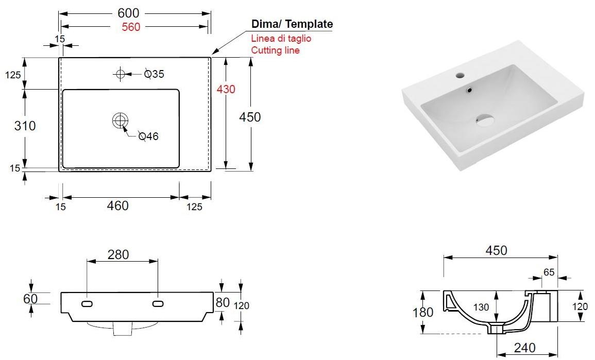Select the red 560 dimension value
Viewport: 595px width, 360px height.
tap(131, 27)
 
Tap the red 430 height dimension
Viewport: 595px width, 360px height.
tap(226, 89)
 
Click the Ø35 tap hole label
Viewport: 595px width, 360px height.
tap(155, 74)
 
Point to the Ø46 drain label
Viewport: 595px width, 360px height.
tap(148, 136)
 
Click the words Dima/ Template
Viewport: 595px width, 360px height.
tap(292, 24)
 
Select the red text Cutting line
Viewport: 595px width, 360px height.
tap(275, 50)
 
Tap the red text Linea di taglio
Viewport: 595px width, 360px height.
tap(281, 39)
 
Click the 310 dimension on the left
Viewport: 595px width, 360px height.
tap(25, 125)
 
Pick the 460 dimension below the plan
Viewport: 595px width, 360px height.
tap(117, 205)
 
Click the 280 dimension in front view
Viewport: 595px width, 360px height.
tap(118, 254)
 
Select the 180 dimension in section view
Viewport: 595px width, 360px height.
tap(423, 312)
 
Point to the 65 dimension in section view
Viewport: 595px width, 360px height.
tap(549, 272)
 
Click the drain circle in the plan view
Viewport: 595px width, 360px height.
tap(120, 121)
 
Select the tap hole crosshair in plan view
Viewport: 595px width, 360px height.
tap(120, 74)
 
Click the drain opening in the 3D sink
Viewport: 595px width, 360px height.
tap(484, 120)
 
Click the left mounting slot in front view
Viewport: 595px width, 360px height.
tap(87, 304)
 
